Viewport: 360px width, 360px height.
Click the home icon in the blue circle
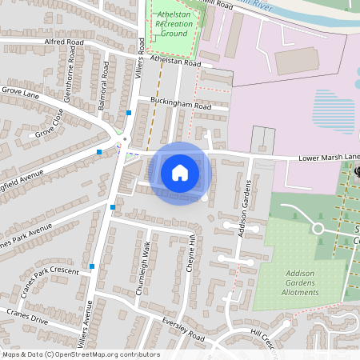[x=180, y=172]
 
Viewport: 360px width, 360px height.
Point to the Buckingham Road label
[x=180, y=105]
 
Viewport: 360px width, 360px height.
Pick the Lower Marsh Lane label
[x=328, y=158]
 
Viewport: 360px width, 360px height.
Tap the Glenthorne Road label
[x=71, y=85]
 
